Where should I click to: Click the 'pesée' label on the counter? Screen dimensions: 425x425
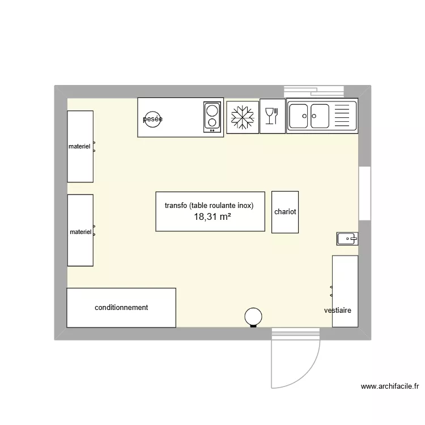(152, 119)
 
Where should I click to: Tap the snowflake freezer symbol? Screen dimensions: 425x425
(242, 117)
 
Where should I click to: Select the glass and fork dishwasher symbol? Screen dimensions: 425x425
(272, 117)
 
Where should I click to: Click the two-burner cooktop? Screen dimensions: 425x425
(212, 117)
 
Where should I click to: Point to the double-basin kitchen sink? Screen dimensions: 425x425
(309, 116)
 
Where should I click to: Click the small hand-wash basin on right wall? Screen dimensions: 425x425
(346, 239)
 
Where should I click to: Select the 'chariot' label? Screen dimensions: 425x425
(285, 212)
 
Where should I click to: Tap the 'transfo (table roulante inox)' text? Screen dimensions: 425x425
(209, 206)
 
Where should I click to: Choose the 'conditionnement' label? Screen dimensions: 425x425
(121, 307)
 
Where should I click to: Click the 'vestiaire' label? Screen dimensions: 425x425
(338, 311)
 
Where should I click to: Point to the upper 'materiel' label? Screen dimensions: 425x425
(79, 146)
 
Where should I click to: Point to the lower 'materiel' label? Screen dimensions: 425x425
(80, 232)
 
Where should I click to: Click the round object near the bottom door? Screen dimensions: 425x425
(253, 316)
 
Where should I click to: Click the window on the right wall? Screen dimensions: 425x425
(365, 193)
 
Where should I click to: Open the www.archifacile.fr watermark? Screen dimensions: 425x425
(390, 387)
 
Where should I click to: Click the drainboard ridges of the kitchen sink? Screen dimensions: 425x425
(343, 116)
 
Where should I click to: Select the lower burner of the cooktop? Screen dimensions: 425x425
(212, 122)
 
